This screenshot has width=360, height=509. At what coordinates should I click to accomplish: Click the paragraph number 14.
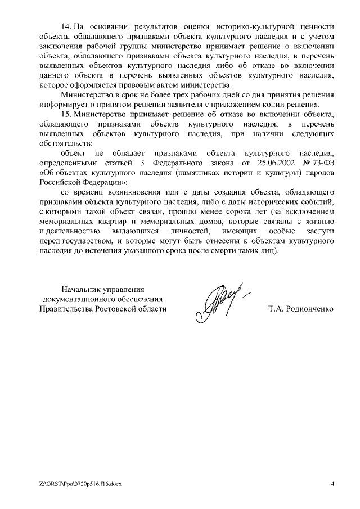pyautogui.click(x=66, y=26)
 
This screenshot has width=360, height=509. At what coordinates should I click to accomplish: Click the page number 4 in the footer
pyautogui.click(x=332, y=484)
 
